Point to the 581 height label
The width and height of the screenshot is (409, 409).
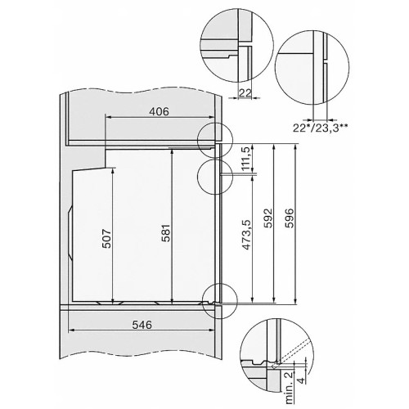coord(164,236)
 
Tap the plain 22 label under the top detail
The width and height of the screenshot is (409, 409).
coord(245,93)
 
